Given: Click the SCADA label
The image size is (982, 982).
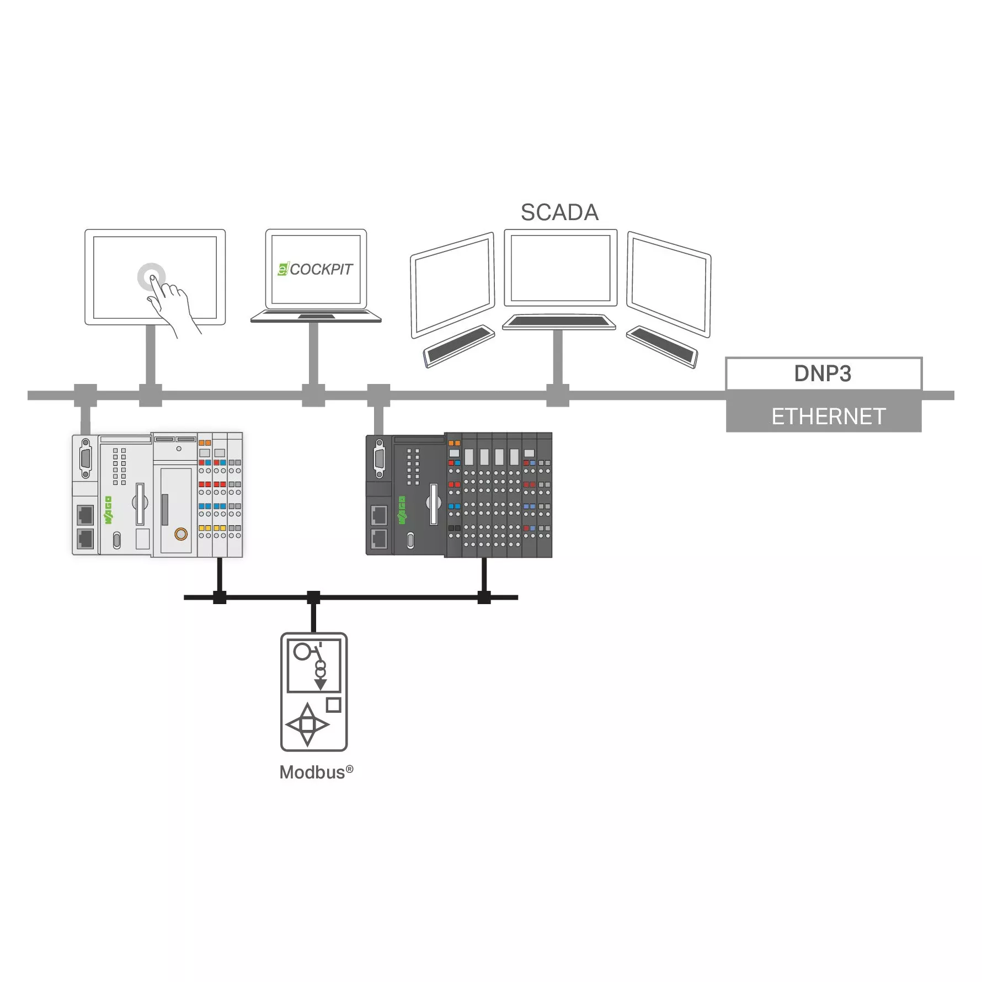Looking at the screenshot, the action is coord(559,212).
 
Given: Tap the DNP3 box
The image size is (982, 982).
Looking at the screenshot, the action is coord(824,373).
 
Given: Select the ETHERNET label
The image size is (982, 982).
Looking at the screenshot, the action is coord(828,417).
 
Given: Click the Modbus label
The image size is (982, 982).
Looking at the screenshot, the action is coord(316,772).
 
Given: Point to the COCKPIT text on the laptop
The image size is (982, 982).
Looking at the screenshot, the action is coord(321,269).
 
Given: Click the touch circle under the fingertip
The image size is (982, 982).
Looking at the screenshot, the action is coord(151,276).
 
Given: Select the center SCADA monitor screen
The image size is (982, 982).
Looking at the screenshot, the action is coord(561,268).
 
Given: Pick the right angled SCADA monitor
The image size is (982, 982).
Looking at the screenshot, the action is coord(669,285).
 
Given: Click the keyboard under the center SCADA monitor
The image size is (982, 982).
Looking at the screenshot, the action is coord(559,322).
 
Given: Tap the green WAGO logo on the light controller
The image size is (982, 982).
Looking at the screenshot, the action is coord(108,510).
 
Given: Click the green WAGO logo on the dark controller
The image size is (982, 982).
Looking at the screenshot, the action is coord(402,510).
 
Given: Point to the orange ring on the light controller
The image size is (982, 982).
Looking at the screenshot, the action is coord(181,534).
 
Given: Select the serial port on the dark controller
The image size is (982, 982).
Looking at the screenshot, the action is coord(379,458).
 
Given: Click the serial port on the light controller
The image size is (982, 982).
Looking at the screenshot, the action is coord(85,458).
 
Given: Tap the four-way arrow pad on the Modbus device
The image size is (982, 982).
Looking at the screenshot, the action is coord(307,724).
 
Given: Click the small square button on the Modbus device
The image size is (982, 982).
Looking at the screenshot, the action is coord(334,705).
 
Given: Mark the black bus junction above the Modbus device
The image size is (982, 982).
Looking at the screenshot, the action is coord(313,597).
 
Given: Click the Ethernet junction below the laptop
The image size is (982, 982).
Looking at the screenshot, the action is coord(313,396).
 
